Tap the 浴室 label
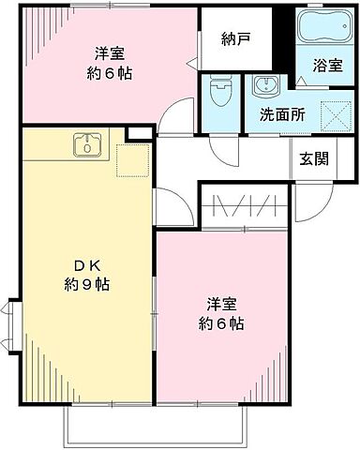[328, 67]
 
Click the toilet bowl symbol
[219, 93]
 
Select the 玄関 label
[314, 157]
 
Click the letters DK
[82, 263]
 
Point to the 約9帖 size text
[82, 283]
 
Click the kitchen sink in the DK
[88, 145]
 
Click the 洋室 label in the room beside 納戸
[110, 52]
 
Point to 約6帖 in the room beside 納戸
[110, 72]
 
